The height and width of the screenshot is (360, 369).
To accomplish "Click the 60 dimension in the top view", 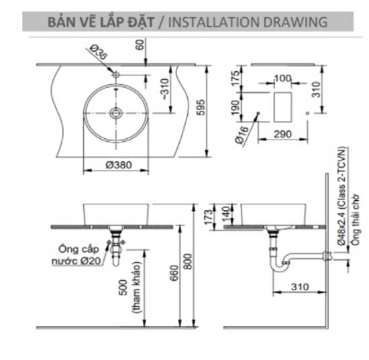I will pyautogui.click(x=140, y=45).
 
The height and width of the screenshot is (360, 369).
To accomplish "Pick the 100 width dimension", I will pyautogui.click(x=282, y=79).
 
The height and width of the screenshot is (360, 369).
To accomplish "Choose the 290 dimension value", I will pyautogui.click(x=282, y=135).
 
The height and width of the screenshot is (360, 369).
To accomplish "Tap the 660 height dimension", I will pyautogui.click(x=172, y=277).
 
